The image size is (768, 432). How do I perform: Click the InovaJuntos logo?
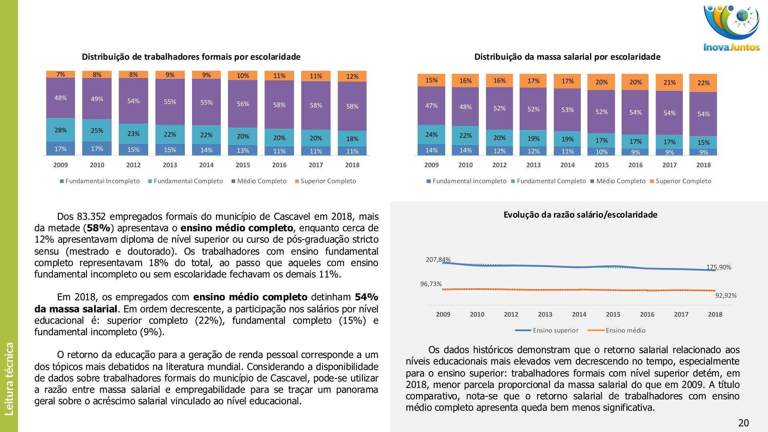tap(732, 28)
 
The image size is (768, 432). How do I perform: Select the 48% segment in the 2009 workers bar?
tap(60, 98)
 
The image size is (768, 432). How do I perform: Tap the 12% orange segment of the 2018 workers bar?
tap(352, 76)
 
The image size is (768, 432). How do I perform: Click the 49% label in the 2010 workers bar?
tap(97, 99)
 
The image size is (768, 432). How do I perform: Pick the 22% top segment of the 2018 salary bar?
tap(703, 83)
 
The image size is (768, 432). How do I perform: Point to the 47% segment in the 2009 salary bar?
tap(431, 106)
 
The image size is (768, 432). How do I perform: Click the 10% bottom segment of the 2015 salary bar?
tap(601, 152)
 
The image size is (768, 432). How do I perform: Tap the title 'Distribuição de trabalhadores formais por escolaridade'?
tap(191, 57)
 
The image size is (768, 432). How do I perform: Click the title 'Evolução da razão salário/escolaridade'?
tap(580, 215)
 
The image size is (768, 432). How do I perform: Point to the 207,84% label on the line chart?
tap(438, 260)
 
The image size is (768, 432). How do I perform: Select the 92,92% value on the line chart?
tap(726, 296)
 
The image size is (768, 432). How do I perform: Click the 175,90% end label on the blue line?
tap(718, 267)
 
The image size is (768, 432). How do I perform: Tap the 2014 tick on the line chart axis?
tap(579, 314)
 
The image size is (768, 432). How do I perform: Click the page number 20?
tap(743, 423)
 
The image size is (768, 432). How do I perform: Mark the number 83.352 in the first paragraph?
tap(91, 217)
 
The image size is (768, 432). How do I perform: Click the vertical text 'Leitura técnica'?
tap(9, 378)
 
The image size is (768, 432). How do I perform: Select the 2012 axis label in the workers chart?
tap(133, 165)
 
